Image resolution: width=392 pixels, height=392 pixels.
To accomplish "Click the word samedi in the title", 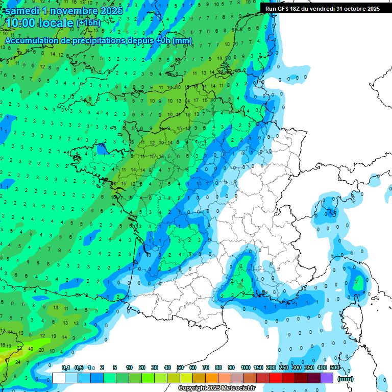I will pyautogui.click(x=21, y=10).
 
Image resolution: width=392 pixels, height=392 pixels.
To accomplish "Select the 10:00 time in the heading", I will pyautogui.click(x=21, y=23).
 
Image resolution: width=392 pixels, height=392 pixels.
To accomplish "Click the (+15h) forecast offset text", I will pyautogui.click(x=88, y=23).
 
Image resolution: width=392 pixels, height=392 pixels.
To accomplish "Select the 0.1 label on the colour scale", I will pyautogui.click(x=66, y=367).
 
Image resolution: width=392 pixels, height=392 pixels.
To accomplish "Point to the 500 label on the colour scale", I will pyautogui.click(x=335, y=367).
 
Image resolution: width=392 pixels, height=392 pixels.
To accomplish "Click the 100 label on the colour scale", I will pyautogui.click(x=246, y=367).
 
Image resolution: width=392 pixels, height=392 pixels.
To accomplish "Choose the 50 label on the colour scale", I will pyautogui.click(x=180, y=367).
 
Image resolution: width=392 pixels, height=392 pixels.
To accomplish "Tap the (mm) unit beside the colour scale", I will pyautogui.click(x=346, y=379).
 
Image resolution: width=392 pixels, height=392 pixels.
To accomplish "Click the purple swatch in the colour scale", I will pyautogui.click(x=327, y=378).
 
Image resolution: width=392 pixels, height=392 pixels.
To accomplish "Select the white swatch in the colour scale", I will pyautogui.click(x=59, y=378).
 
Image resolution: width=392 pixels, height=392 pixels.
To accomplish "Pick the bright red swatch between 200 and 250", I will pyautogui.click(x=276, y=378).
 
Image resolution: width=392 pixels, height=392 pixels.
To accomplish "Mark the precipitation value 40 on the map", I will pyautogui.click(x=31, y=350).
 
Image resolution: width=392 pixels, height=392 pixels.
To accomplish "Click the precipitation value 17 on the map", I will pyautogui.click(x=195, y=101).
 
